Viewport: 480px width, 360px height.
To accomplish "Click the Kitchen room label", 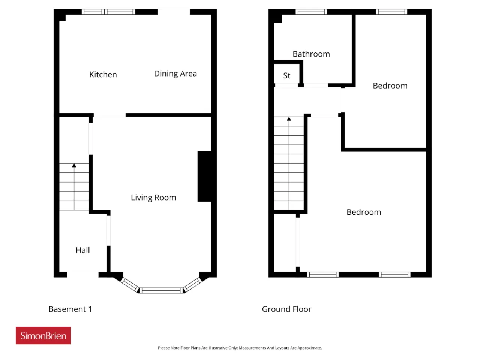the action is point(103,75).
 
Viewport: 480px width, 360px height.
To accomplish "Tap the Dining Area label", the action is point(175,73).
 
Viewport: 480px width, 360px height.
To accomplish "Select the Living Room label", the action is point(153,198).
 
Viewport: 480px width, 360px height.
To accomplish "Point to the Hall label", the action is point(82,250).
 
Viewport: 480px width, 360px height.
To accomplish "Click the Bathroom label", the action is point(311,54).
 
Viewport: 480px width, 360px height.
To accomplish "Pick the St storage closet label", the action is point(287,76).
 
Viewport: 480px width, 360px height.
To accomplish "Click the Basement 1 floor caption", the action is point(70,309).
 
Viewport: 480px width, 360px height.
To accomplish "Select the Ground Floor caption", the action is point(286,309).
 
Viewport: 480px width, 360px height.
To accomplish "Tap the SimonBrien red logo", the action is point(43,336).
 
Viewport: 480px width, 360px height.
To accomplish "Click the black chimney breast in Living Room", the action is point(204,176).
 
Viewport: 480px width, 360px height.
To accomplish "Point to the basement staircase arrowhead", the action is point(74,165).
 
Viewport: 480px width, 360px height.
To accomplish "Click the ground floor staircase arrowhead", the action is point(289,119).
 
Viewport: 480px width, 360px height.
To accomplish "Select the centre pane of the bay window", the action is point(161,291).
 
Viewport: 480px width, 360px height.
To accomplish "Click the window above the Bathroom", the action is point(311,12).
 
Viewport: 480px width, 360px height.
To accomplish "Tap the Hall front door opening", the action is point(83,274).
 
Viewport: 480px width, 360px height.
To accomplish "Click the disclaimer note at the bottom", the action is point(240,348).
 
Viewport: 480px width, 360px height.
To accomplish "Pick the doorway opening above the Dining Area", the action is point(174,12).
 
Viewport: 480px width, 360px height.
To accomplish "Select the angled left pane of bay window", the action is point(130,285).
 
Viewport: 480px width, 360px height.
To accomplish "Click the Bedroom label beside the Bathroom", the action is point(390,85).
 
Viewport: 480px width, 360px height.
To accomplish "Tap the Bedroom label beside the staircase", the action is point(364,212).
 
